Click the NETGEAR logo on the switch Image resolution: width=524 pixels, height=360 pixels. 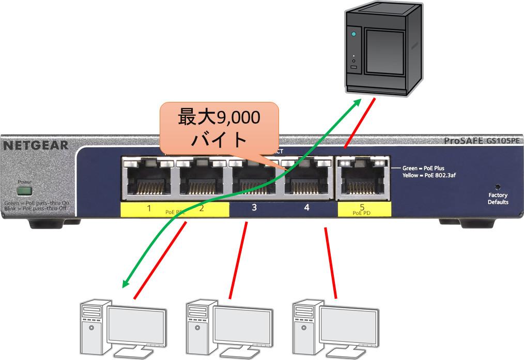[36, 145]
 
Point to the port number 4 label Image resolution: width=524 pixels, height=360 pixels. [306, 208]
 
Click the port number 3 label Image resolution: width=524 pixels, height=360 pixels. [254, 208]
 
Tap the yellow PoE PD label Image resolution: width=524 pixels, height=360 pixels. [362, 209]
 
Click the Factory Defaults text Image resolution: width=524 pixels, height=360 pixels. [498, 199]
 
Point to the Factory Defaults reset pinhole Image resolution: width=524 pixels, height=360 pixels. [498, 186]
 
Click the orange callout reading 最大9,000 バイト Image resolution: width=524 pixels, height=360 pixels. [219, 128]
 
